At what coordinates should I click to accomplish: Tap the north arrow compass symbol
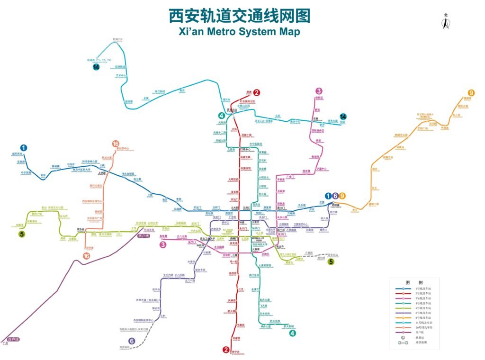coord(445,22)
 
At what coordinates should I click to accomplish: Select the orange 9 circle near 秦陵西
coord(470,93)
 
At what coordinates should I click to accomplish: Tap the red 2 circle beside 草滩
coord(257,93)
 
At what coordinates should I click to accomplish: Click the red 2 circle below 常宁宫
coord(226,350)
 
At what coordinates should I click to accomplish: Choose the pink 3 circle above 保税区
coord(319,91)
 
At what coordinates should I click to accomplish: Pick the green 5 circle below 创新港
coord(22,234)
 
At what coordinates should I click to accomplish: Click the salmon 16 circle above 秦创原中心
coord(116,144)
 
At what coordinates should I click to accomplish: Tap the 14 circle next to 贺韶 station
coord(343,117)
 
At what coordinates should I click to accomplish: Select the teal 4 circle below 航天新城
coord(293,333)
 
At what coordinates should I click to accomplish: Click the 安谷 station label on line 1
coord(43,175)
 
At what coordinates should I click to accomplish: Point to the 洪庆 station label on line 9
coord(375,169)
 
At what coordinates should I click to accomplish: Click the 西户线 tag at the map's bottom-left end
coord(13,340)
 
